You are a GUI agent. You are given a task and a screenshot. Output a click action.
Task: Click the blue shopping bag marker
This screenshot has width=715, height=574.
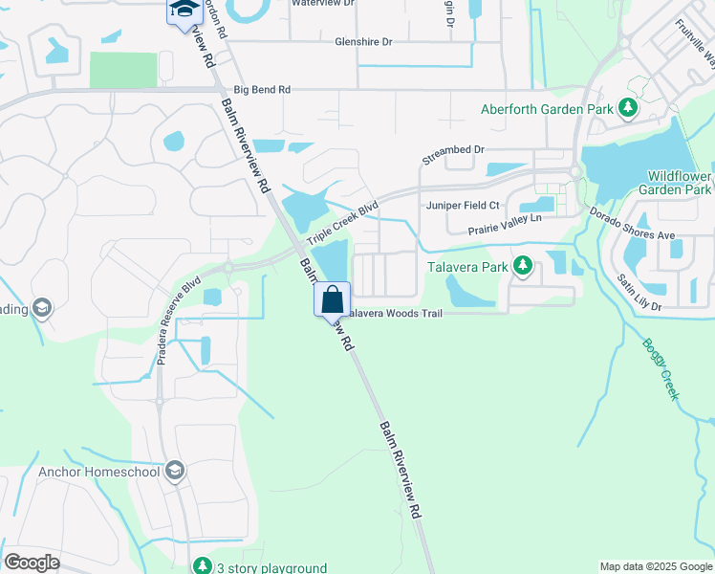(x=332, y=299)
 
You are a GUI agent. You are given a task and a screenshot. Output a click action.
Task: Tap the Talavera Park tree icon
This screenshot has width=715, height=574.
(x=522, y=266)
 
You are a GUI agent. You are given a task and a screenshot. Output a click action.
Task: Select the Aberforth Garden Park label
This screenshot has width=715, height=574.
(x=547, y=109)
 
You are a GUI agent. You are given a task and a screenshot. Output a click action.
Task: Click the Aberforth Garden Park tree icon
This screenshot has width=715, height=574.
(x=627, y=108)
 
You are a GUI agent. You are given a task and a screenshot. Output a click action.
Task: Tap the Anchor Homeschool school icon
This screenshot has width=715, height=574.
(x=175, y=471)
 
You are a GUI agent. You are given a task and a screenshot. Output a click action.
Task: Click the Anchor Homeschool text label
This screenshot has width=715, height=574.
(x=99, y=472)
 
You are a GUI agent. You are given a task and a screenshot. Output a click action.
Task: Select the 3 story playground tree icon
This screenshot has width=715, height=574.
(x=202, y=566)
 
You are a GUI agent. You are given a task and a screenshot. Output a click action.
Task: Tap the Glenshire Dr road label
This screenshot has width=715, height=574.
(x=363, y=42)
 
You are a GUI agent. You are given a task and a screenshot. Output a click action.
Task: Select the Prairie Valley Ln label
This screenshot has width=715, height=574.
(x=505, y=225)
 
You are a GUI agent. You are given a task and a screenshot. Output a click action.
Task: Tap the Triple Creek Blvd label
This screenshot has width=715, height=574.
(x=342, y=221)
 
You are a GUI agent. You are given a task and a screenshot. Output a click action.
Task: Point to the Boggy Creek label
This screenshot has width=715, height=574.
(x=661, y=368)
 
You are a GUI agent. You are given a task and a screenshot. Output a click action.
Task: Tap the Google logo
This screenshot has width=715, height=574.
(x=32, y=563)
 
